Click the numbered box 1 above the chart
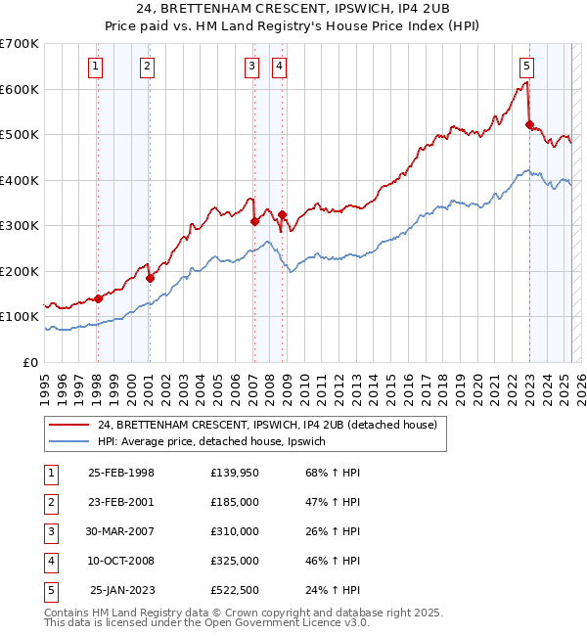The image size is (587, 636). point(96,67)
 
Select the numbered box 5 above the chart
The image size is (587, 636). point(526,67)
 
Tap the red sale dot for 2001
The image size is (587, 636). point(151,278)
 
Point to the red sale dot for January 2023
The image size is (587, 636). point(529,124)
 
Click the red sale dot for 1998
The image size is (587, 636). point(98,298)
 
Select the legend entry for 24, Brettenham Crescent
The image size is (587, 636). point(273,425)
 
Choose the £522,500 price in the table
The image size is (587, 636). point(235,590)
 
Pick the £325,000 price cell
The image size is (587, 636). point(235,561)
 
